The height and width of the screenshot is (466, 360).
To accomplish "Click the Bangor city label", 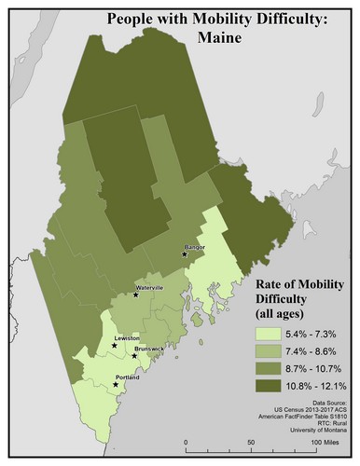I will coord(195,247).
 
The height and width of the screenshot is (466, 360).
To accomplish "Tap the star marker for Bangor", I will coord(185,253).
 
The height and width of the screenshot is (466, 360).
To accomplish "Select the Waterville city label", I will coord(149,288).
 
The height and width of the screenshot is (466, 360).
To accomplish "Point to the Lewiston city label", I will coord(127,337).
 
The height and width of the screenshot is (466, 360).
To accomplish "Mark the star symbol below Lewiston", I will coord(115,345).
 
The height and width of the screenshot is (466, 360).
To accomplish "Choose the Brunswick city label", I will coord(149,349).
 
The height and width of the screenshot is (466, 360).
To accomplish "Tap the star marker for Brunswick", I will coord(136,355).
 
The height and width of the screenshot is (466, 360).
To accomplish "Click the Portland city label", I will coord(127,377).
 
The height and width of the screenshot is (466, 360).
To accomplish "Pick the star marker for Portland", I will coord(116,383).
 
